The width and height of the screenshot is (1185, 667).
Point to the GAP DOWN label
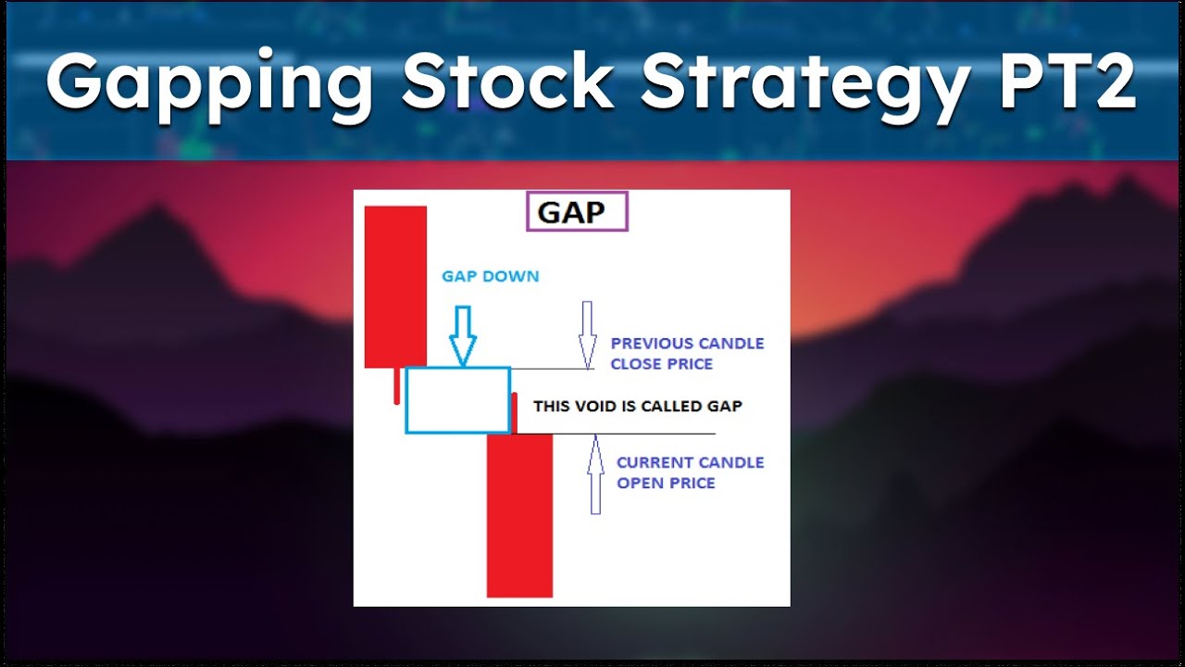tap(490, 276)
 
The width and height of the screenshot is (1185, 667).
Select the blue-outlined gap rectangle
tap(457, 400)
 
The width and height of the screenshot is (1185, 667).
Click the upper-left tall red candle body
tap(395, 286)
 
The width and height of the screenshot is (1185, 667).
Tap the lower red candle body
tap(519, 515)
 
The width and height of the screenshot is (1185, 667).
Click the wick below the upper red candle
tap(397, 386)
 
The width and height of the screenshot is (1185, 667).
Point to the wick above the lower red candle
tap(514, 412)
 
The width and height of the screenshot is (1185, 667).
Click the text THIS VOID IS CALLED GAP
tap(637, 406)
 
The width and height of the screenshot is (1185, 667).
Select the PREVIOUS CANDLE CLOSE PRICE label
tap(687, 353)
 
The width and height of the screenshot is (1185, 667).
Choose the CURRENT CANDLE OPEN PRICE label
tap(690, 472)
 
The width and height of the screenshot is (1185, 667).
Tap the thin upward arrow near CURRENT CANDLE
tap(595, 477)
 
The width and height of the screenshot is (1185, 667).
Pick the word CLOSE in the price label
tap(636, 364)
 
